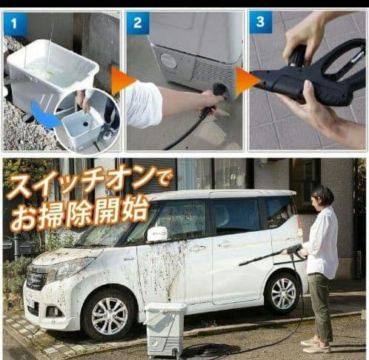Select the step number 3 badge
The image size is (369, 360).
coord(259,23)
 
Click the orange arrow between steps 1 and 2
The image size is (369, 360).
coord(122,80)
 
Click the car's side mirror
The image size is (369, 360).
coord(156,234)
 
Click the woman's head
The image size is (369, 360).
coord(322,197)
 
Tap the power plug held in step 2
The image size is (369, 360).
coord(219,91)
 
